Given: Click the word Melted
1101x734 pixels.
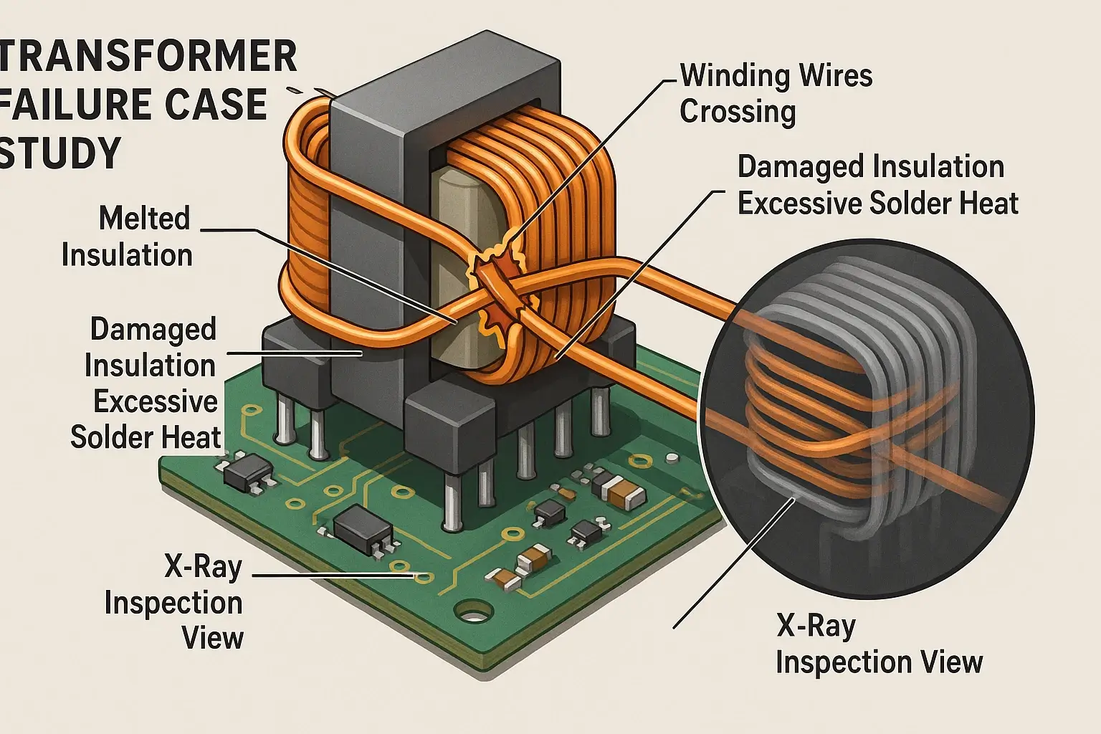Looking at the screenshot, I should pyautogui.click(x=145, y=219).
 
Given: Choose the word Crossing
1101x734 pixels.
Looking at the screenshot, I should pyautogui.click(x=738, y=112).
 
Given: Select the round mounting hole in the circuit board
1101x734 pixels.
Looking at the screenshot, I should pyautogui.click(x=473, y=614).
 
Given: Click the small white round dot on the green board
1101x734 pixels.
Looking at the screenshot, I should pyautogui.click(x=672, y=457).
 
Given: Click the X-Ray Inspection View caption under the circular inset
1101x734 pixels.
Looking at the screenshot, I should pyautogui.click(x=879, y=644).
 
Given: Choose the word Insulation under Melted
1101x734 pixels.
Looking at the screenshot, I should pyautogui.click(x=127, y=255).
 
